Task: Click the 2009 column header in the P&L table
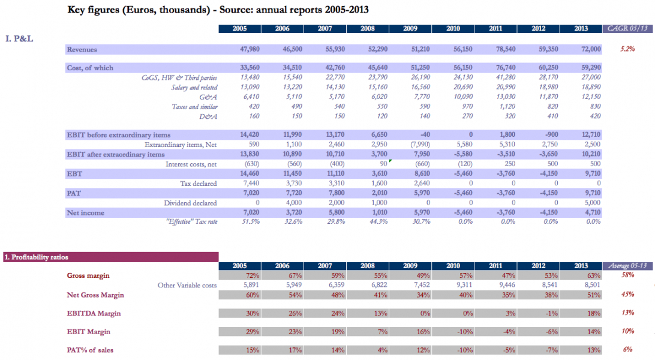click(x=410, y=28)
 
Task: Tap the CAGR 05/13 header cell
click(x=627, y=28)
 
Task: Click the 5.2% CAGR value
click(x=627, y=49)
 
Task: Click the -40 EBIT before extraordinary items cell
click(x=410, y=135)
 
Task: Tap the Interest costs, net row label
click(x=191, y=164)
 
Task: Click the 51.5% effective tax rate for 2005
click(x=250, y=221)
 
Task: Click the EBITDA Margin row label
click(x=94, y=313)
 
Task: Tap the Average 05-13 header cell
click(x=627, y=266)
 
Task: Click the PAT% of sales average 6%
click(x=628, y=350)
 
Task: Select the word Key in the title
click(x=77, y=10)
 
